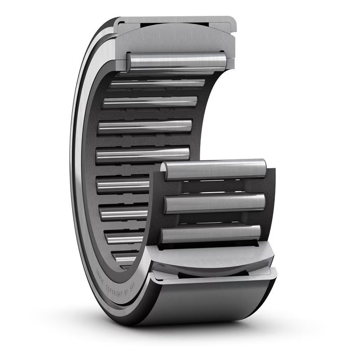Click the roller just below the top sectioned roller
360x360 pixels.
[157, 84]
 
